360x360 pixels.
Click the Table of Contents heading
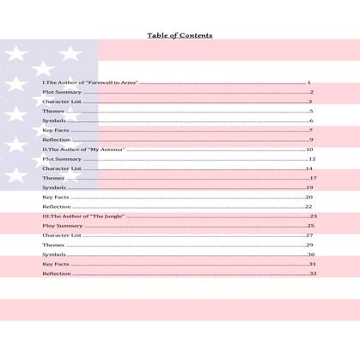tap(180, 35)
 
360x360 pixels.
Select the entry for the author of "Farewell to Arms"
tap(90, 82)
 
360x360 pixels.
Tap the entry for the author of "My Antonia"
tap(83, 149)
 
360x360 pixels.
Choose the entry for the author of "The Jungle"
tap(84, 217)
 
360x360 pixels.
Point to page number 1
tap(308, 82)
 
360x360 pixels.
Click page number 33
tap(313, 274)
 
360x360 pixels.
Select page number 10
tap(309, 149)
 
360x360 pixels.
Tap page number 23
tap(314, 217)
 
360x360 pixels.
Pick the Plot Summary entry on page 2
tap(62, 92)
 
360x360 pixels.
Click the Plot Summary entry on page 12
tap(62, 159)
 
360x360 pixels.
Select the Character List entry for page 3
tap(62, 101)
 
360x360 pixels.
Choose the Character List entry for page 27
tap(62, 235)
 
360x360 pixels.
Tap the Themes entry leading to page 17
tap(53, 178)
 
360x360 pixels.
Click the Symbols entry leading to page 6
tap(54, 121)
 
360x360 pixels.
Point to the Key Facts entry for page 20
tap(56, 198)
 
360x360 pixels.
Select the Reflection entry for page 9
tap(57, 140)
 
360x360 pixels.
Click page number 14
tap(309, 168)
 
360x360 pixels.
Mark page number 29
tap(309, 245)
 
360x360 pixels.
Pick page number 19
tap(309, 187)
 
